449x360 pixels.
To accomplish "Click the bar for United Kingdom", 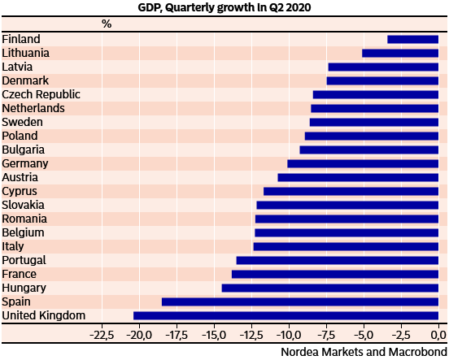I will click(x=286, y=315).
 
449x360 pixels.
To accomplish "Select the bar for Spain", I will click(x=300, y=301).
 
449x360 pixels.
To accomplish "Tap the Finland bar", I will click(x=412, y=39).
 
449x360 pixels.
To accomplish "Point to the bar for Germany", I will click(x=363, y=163).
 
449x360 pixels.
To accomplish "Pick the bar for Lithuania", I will click(x=400, y=53).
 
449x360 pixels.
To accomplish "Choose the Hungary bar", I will click(x=330, y=288).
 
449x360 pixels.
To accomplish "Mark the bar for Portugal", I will click(x=338, y=260).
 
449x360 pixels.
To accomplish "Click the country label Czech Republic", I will click(x=41, y=94).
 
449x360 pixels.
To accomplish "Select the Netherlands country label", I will click(x=33, y=108).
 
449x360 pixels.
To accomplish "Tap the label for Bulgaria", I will click(x=24, y=150).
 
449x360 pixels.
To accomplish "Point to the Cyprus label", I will click(x=20, y=191).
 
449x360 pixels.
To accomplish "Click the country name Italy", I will click(x=13, y=246).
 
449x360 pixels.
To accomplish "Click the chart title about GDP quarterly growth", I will click(x=224, y=7).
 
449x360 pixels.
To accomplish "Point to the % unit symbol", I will click(x=107, y=24).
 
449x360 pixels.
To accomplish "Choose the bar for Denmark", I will click(x=382, y=80).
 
